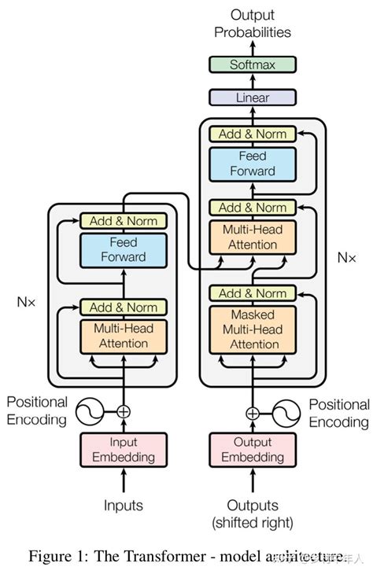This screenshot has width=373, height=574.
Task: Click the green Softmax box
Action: (253, 64)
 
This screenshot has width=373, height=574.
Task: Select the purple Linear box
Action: (253, 98)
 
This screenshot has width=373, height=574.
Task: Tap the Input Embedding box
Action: (124, 449)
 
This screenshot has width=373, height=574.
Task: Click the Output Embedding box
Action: (253, 449)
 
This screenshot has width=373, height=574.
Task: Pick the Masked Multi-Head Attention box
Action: (253, 329)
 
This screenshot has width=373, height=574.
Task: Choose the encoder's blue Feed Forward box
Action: (124, 249)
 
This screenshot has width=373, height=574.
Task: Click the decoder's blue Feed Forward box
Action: (253, 164)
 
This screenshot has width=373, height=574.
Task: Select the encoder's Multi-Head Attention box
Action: (124, 336)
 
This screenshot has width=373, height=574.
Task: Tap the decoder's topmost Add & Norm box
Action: (253, 134)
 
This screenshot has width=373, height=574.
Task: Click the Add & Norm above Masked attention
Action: (253, 293)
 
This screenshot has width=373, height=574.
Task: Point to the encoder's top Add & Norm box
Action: (124, 221)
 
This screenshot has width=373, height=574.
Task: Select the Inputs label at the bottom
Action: (124, 505)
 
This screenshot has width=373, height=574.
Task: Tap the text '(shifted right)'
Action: (253, 522)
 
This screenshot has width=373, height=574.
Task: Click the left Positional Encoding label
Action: (37, 410)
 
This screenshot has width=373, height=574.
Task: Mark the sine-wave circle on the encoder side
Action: (90, 410)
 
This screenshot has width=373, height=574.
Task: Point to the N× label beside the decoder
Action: (347, 257)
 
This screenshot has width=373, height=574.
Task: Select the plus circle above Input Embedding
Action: (124, 410)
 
